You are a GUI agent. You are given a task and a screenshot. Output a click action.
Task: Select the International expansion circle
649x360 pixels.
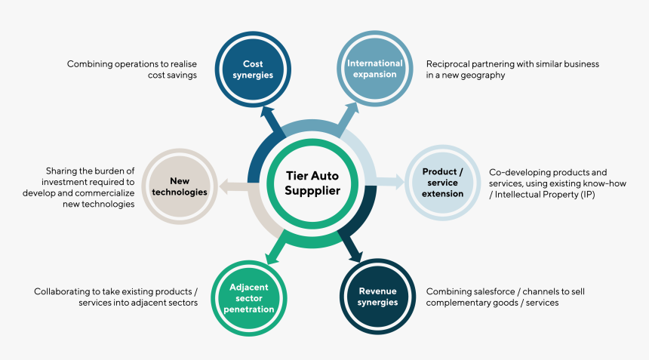tap(375, 69)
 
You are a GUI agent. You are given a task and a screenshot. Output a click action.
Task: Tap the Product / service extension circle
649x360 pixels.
tap(442, 182)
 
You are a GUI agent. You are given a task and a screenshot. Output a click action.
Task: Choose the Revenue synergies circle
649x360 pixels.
tap(378, 297)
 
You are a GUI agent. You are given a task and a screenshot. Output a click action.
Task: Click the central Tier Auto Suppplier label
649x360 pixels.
tap(313, 183)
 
